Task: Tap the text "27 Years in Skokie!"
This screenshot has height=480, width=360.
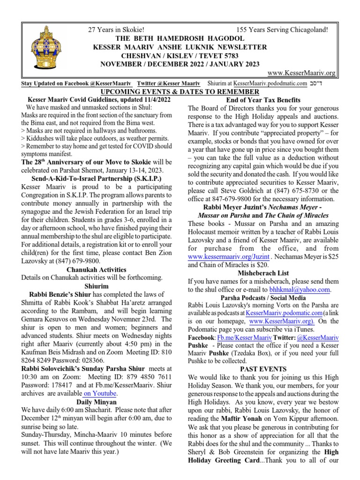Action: pos(119,30)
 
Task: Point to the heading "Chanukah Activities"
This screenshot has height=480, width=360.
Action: pos(97,270)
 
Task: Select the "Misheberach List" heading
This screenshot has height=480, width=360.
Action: pos(263,273)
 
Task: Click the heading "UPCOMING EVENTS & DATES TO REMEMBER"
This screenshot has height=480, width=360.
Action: pos(180,92)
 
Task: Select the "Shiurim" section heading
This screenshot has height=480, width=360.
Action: pos(97,286)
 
